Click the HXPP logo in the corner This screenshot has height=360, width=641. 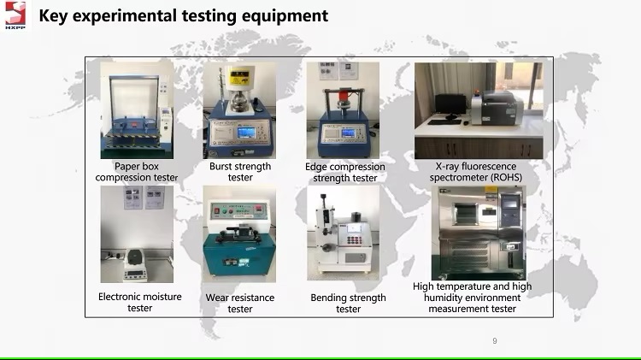[15, 15]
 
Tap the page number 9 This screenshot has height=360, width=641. [495, 341]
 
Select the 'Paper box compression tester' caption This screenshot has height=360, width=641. [137, 172]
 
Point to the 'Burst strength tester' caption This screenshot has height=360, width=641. [240, 172]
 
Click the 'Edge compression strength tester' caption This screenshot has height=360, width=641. [345, 172]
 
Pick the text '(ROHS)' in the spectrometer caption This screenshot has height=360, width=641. [507, 178]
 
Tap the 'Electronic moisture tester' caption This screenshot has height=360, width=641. [140, 303]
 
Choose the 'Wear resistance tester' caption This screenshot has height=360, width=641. [240, 304]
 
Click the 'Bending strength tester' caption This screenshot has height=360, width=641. [349, 304]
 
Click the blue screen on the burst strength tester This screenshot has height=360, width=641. [246, 133]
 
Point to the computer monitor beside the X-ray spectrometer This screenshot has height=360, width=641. [450, 105]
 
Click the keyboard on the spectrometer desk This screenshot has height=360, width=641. [444, 122]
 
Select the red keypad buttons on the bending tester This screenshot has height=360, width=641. [355, 240]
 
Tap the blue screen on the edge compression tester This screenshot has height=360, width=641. [349, 133]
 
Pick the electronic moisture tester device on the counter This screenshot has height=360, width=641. [135, 265]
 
